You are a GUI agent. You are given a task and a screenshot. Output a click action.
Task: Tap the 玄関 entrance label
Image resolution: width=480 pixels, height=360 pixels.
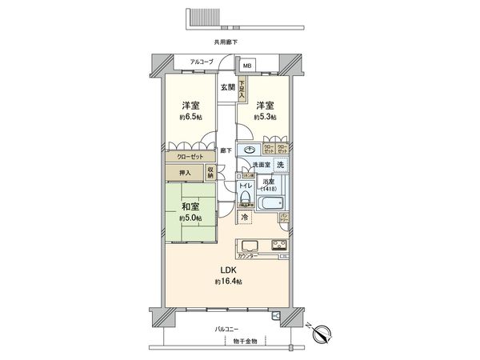pyautogui.click(x=227, y=88)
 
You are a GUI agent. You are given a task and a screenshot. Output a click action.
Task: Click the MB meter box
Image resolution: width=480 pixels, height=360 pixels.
pyautogui.click(x=247, y=66)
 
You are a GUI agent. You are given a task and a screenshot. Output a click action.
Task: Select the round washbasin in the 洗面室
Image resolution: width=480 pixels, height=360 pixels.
pyautogui.click(x=249, y=151)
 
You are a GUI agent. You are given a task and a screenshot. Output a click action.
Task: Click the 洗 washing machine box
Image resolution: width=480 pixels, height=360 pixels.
pyautogui.click(x=280, y=165)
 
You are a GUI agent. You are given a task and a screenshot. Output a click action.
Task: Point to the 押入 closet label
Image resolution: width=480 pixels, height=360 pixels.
pyautogui.click(x=184, y=171)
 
